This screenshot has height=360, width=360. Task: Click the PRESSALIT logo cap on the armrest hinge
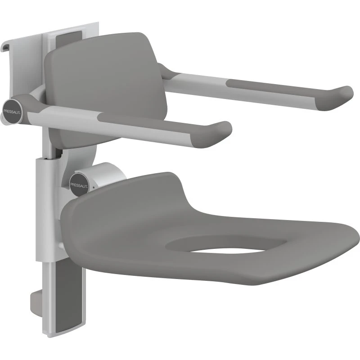pos(12,111)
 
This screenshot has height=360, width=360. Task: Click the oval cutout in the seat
pos(226,244)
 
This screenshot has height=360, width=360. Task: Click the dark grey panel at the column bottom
pos(69,298)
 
